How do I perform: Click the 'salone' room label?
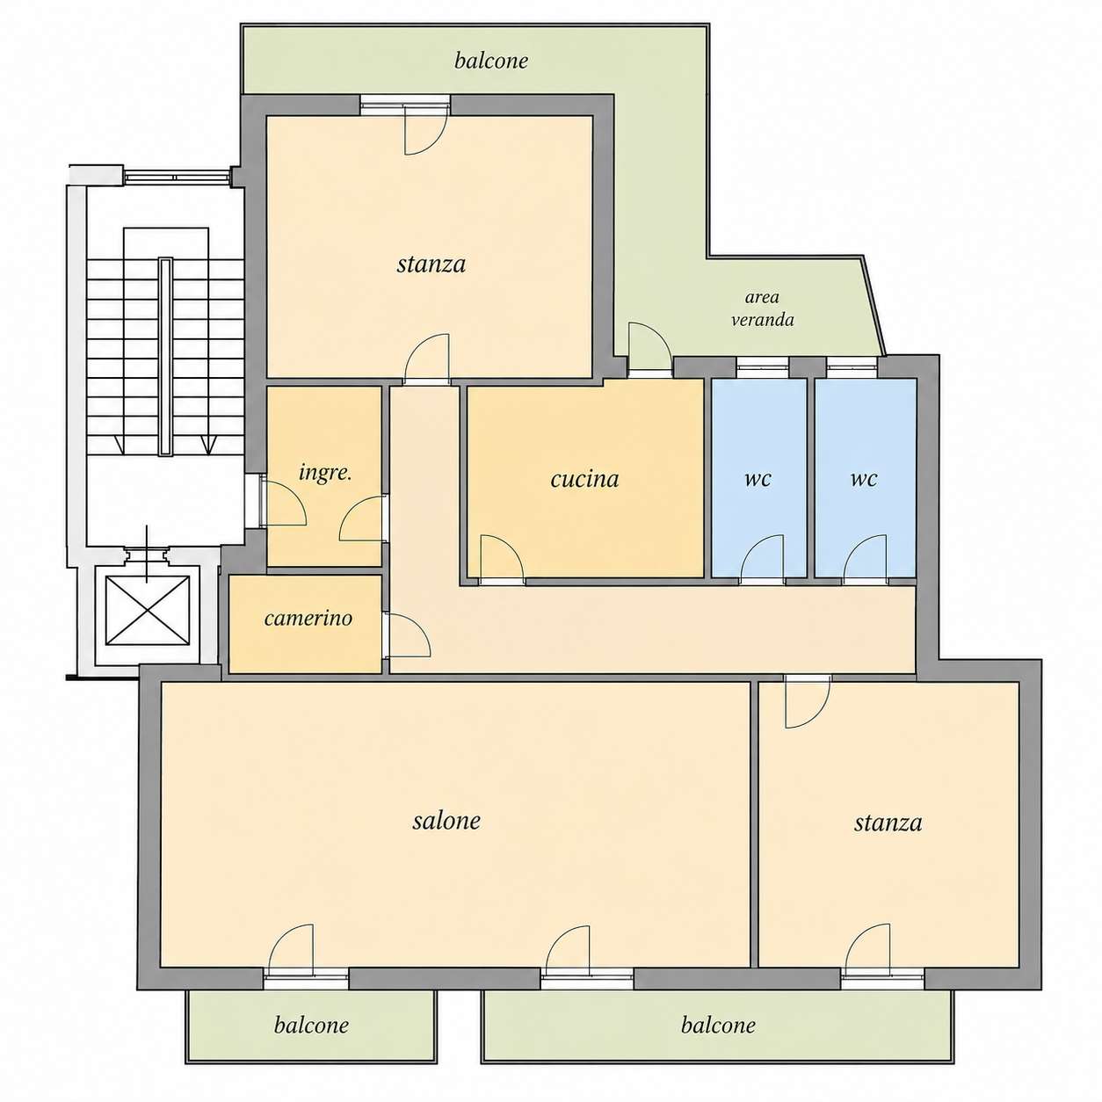pyautogui.click(x=446, y=821)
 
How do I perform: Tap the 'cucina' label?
pyautogui.click(x=584, y=479)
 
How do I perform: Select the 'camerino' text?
pyautogui.click(x=308, y=618)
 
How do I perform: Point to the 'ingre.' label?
pyautogui.click(x=325, y=474)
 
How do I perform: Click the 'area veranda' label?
pyautogui.click(x=762, y=308)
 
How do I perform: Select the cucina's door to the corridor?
pyautogui.click(x=502, y=557)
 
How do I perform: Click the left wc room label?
pyautogui.click(x=758, y=479)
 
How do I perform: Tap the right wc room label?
pyautogui.click(x=863, y=479)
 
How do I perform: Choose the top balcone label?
pyautogui.click(x=490, y=61)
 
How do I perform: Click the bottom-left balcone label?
pyautogui.click(x=311, y=1025)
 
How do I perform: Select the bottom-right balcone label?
pyautogui.click(x=718, y=1025)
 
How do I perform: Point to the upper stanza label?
pyautogui.click(x=431, y=265)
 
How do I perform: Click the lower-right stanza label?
pyautogui.click(x=888, y=823)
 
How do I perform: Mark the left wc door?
pyautogui.click(x=762, y=557)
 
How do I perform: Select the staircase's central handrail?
pyautogui.click(x=165, y=356)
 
